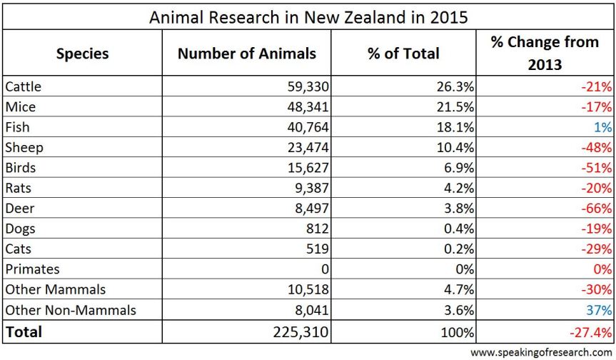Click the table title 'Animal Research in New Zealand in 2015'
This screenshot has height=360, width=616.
[308, 16]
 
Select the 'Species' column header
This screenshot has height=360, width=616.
[82, 53]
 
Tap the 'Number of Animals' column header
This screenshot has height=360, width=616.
[246, 53]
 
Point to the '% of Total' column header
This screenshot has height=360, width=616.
[403, 53]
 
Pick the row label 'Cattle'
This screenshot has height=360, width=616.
[24, 87]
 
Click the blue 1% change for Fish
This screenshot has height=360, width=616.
[603, 128]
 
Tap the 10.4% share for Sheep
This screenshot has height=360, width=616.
[455, 148]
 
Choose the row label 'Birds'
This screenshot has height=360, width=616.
[20, 168]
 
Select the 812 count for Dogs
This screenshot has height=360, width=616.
[316, 229]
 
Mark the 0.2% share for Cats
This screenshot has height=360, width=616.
[459, 249]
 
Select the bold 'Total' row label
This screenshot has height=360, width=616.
[24, 331]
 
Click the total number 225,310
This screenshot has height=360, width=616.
[298, 331]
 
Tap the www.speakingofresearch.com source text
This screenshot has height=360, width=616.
[541, 352]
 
